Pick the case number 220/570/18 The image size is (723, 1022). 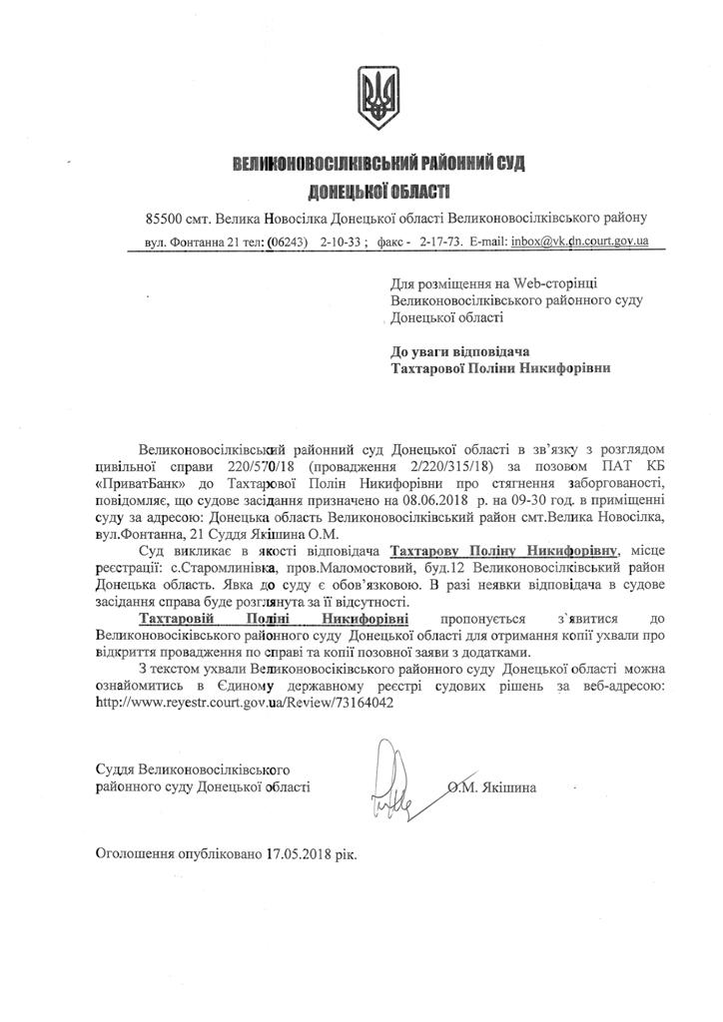point(265,466)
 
